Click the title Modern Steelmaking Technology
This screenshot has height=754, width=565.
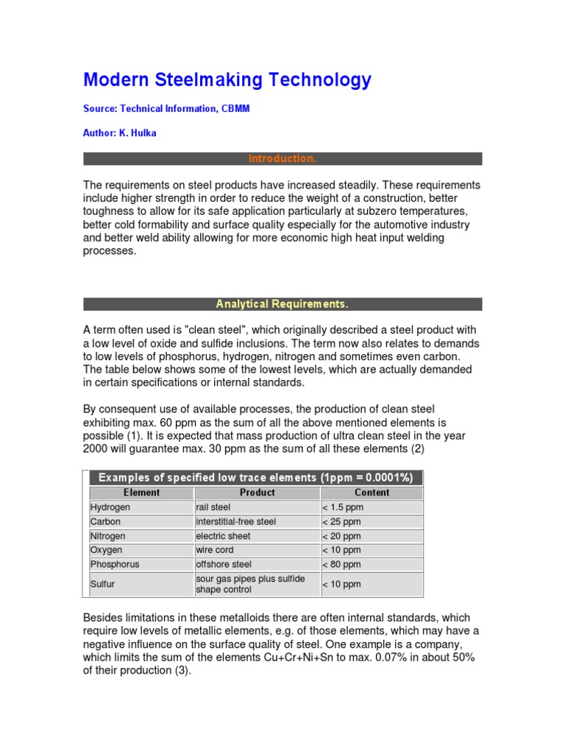[227, 80]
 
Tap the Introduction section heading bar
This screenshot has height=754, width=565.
[282, 159]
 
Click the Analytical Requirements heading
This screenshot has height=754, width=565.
[282, 304]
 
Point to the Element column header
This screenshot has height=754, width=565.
[141, 493]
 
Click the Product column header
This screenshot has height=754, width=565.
[257, 493]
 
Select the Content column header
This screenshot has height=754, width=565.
[372, 493]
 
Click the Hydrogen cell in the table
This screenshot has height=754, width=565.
[110, 507]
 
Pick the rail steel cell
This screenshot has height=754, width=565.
[213, 507]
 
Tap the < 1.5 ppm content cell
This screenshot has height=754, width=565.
[343, 507]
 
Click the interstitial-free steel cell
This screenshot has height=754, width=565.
[235, 521]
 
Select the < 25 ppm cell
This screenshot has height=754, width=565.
[341, 521]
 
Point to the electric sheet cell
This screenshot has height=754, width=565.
[223, 536]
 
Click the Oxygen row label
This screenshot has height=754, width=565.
[107, 550]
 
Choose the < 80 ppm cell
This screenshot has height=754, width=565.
[341, 565]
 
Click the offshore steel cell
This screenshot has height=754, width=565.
[224, 565]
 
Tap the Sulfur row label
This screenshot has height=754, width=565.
[103, 584]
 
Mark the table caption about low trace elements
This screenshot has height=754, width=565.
[256, 477]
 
